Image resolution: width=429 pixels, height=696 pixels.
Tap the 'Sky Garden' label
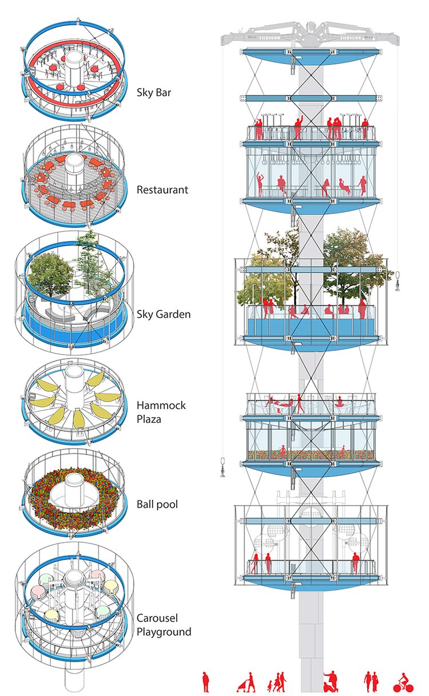click(x=164, y=314)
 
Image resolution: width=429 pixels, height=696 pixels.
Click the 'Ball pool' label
click(x=158, y=505)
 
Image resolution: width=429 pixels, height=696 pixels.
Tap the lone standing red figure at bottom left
click(x=206, y=682)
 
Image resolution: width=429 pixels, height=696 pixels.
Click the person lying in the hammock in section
click(x=279, y=404)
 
